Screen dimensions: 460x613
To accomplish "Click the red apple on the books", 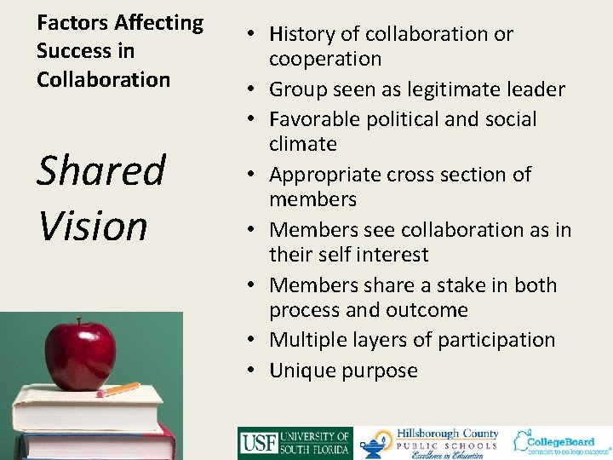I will coord(80,353).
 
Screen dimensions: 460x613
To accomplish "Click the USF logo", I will coord(295,443).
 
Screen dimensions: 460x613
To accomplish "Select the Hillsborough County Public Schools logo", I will coord(429,443).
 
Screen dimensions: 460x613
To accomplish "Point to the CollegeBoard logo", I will coord(561,441).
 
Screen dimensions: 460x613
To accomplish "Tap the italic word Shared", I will coord(100,171).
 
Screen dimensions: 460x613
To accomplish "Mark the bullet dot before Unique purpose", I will coord(255,371).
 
